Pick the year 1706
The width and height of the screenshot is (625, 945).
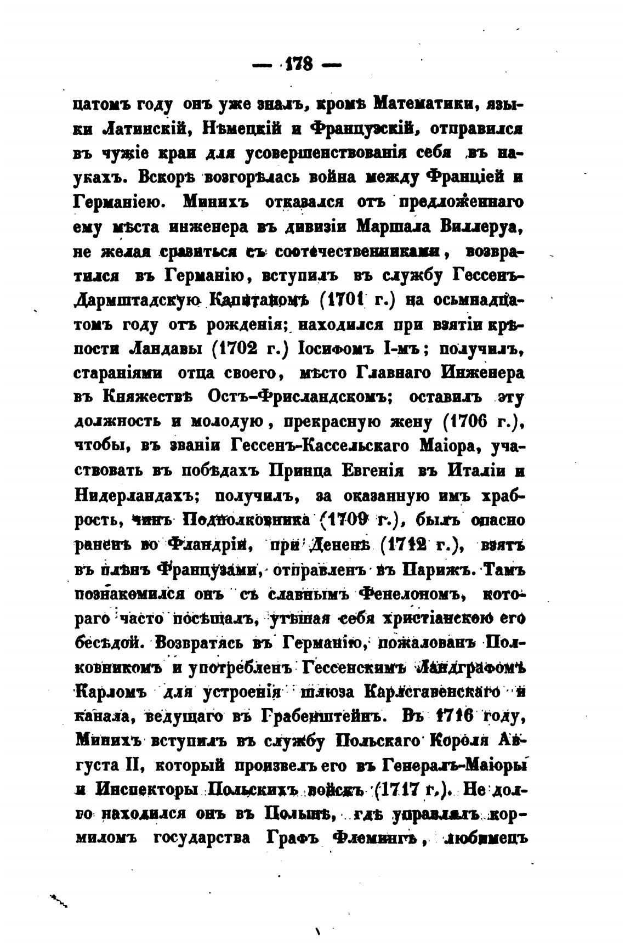click(x=479, y=422)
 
